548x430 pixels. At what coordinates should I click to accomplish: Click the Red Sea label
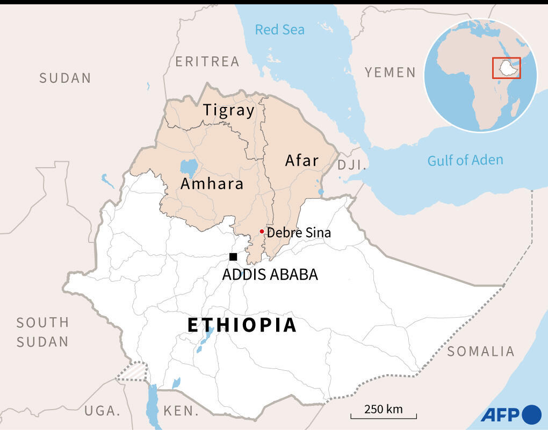pyautogui.click(x=279, y=30)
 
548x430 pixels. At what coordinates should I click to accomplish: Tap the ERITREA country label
pyautogui.click(x=207, y=62)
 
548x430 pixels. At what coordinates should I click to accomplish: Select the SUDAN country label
pyautogui.click(x=65, y=78)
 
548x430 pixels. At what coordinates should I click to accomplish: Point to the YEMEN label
pyautogui.click(x=391, y=73)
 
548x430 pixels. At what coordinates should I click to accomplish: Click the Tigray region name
pyautogui.click(x=229, y=111)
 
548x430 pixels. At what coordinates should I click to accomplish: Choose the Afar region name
pyautogui.click(x=302, y=160)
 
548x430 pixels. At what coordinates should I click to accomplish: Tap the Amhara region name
pyautogui.click(x=212, y=184)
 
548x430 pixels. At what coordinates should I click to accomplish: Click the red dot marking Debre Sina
pyautogui.click(x=262, y=232)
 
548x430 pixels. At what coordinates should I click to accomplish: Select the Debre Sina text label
pyautogui.click(x=299, y=233)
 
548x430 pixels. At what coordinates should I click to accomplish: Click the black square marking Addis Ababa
pyautogui.click(x=233, y=257)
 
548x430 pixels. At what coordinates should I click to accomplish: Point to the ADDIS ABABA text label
pyautogui.click(x=270, y=275)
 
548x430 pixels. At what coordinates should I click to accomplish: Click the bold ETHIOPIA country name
pyautogui.click(x=242, y=325)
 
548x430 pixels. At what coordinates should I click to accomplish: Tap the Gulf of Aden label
pyautogui.click(x=465, y=160)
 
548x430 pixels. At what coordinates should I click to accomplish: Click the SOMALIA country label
pyautogui.click(x=481, y=352)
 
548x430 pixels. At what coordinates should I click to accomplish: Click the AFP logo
pyautogui.click(x=511, y=414)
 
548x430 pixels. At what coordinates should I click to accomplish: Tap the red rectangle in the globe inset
pyautogui.click(x=507, y=67)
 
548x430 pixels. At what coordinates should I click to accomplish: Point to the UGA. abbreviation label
pyautogui.click(x=102, y=411)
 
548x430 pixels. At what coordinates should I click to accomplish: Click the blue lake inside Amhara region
pyautogui.click(x=189, y=168)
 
